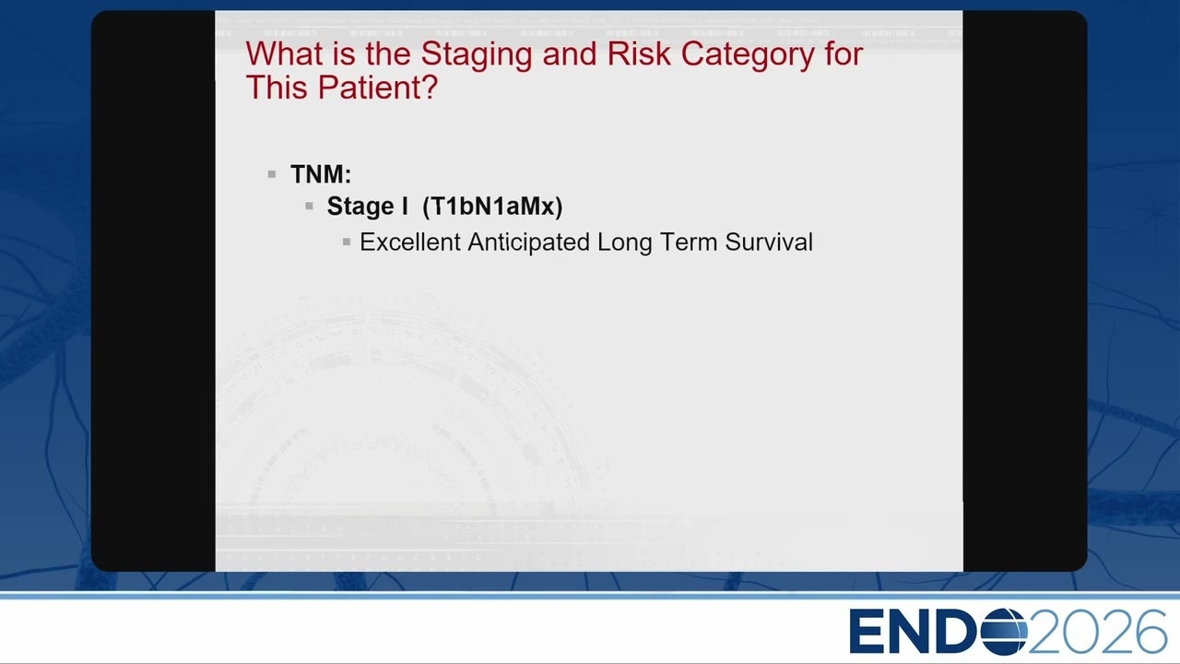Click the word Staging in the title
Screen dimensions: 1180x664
[x=477, y=55]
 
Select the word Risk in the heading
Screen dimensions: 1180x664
[x=639, y=53]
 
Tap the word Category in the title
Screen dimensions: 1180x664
[x=748, y=55]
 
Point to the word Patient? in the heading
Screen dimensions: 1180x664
[x=378, y=87]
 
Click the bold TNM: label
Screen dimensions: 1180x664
[x=321, y=174]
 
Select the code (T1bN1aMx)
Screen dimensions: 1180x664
[x=492, y=206]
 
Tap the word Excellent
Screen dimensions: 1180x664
[x=410, y=243]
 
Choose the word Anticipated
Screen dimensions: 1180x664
[x=529, y=243]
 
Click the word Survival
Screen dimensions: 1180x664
[x=769, y=243]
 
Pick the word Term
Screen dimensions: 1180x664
[x=689, y=243]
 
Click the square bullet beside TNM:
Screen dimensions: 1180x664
[x=272, y=174]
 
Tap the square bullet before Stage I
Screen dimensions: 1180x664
[x=309, y=206]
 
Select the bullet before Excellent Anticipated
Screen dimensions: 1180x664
[x=346, y=242]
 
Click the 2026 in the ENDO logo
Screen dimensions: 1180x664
[x=1097, y=632]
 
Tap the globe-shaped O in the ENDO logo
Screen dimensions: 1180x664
[x=1004, y=632]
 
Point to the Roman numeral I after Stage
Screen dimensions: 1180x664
[x=405, y=206]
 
